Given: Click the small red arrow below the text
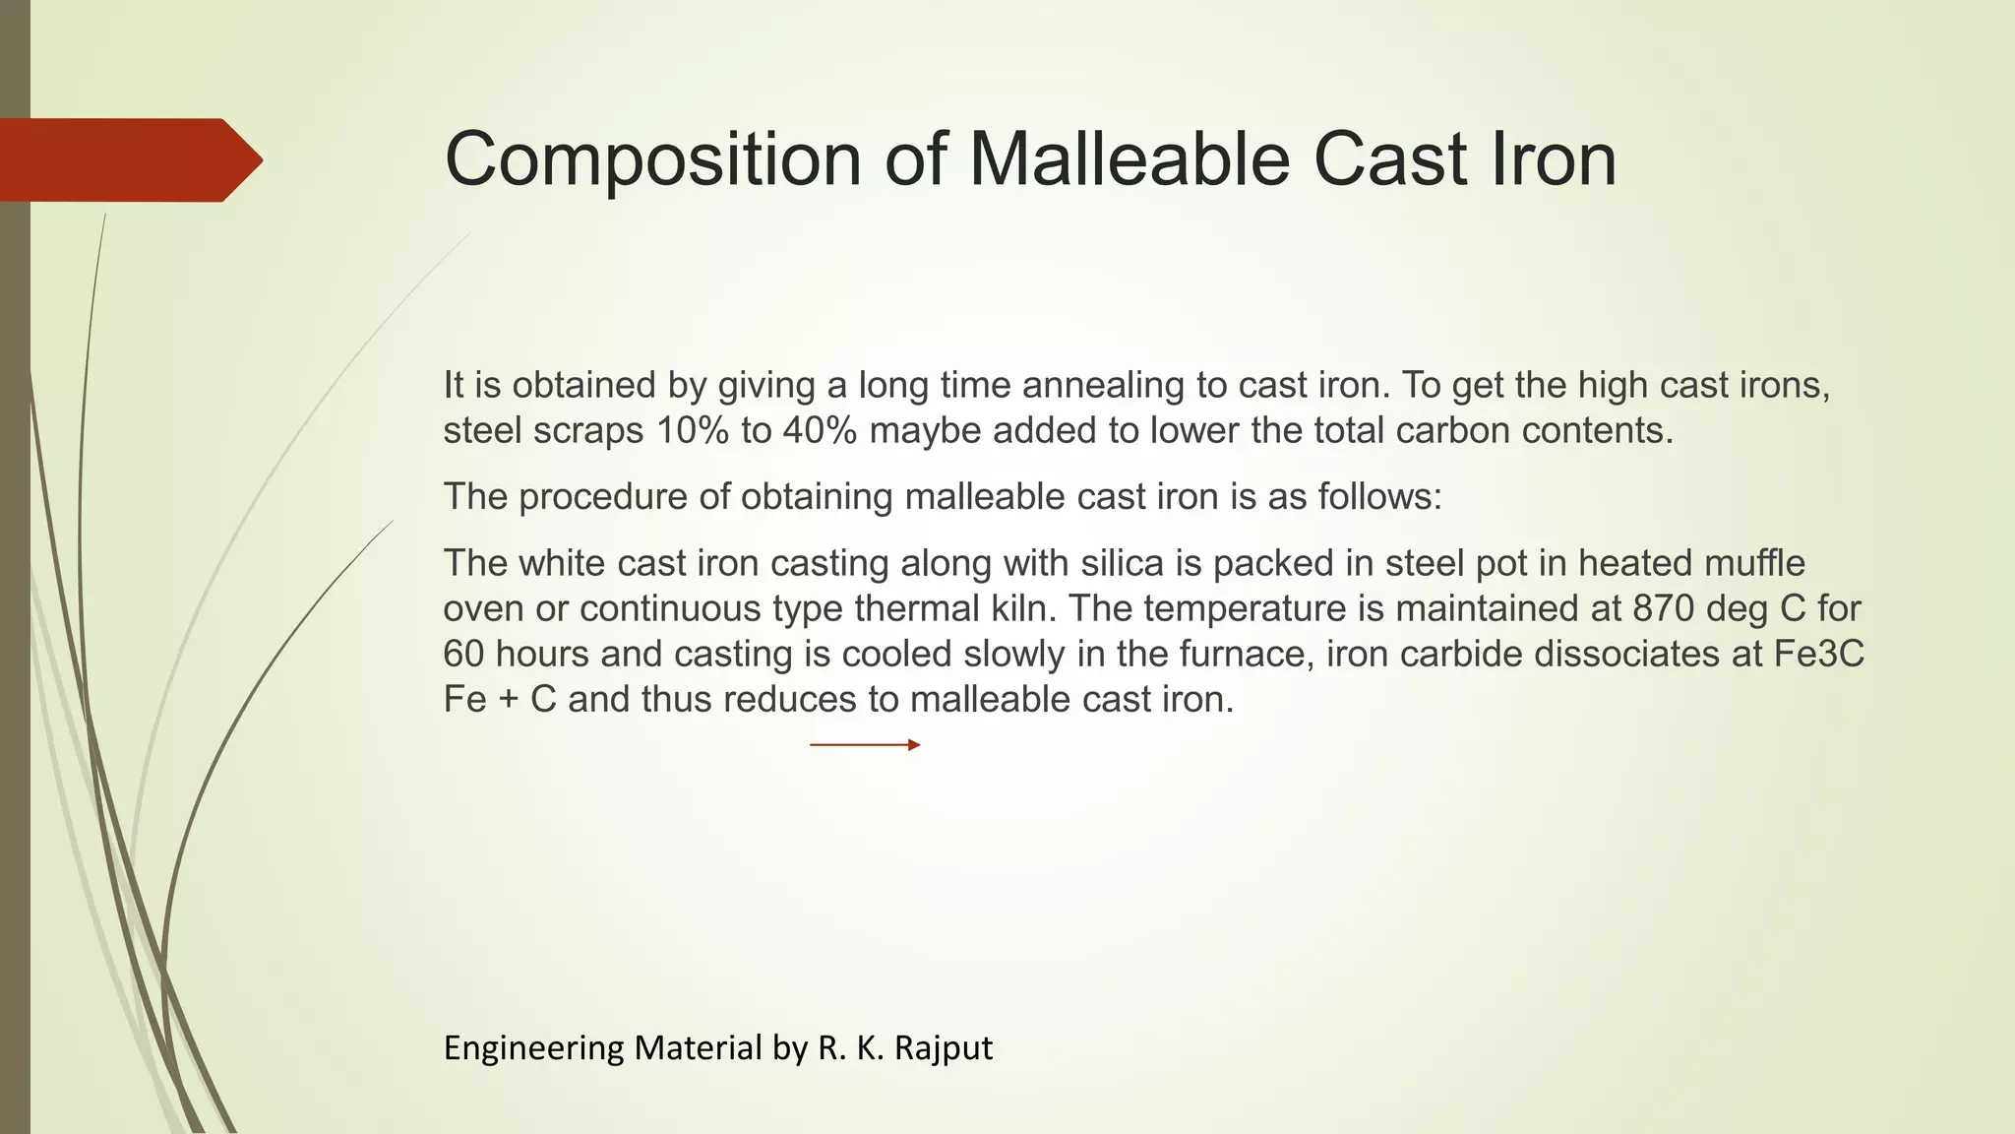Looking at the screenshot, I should [x=865, y=745].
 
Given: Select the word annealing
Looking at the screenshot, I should [x=1104, y=386].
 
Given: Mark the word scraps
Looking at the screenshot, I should [x=588, y=431].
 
